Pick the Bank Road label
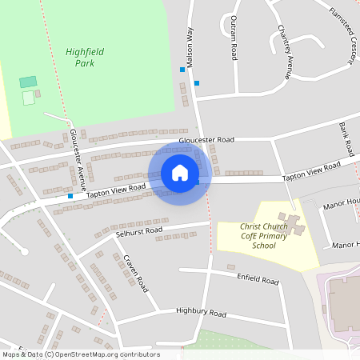(346, 138)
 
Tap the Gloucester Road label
(206, 139)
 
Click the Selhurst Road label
(138, 232)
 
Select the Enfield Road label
(258, 280)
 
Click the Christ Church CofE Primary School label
(258, 236)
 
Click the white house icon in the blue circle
(180, 173)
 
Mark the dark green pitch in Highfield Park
(28, 82)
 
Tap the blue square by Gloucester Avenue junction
(70, 195)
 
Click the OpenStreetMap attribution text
(80, 354)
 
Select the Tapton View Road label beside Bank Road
(311, 170)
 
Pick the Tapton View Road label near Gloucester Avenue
(116, 190)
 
